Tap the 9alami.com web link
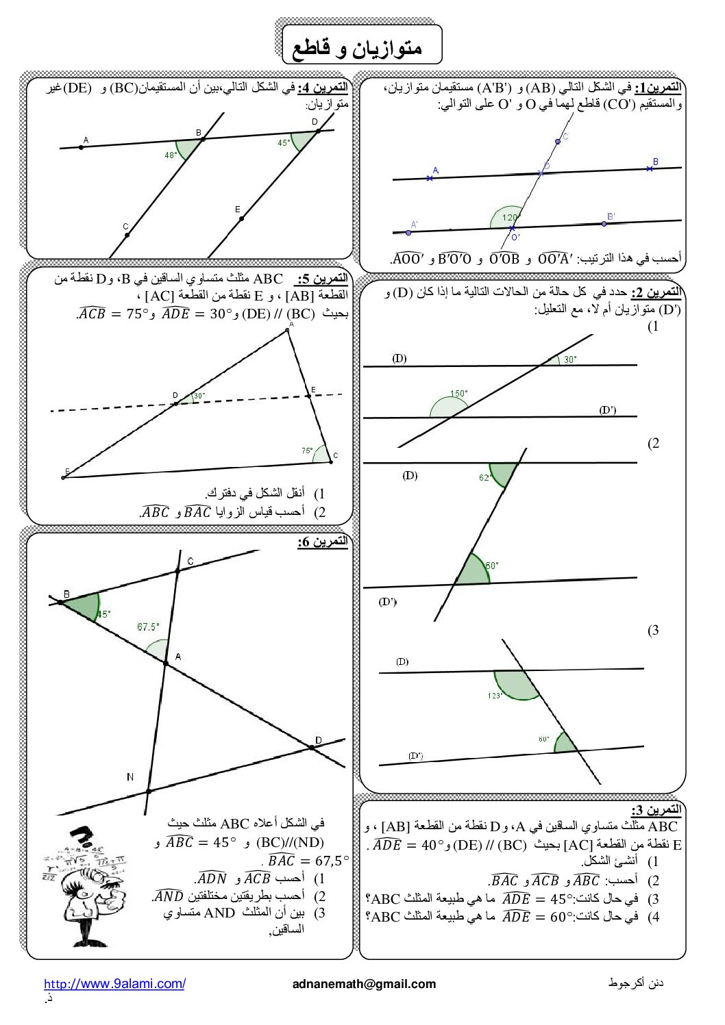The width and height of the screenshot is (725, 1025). [x=114, y=984]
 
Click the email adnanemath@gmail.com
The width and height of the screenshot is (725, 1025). [x=364, y=984]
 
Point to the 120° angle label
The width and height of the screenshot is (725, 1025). [x=511, y=218]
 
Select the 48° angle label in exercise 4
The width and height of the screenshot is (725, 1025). [x=171, y=155]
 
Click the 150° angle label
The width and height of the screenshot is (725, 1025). [x=458, y=394]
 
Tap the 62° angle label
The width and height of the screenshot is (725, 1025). [x=485, y=478]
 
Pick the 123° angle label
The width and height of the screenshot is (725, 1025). [x=495, y=696]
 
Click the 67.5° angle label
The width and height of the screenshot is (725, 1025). [x=148, y=627]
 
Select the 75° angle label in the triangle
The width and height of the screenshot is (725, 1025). [x=307, y=451]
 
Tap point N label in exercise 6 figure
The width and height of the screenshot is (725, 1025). [x=130, y=776]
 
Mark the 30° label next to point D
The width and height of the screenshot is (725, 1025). [x=199, y=396]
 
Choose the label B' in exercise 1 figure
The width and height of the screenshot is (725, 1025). [x=611, y=216]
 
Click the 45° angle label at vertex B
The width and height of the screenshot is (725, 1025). [x=103, y=614]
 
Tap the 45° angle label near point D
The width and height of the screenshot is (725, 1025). [x=284, y=143]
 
